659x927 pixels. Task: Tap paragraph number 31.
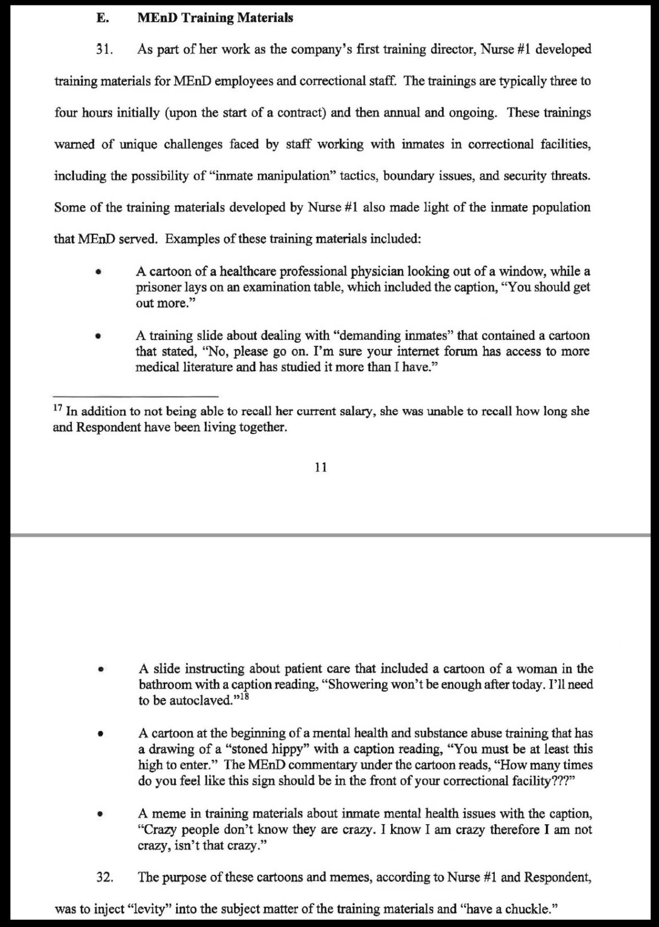pyautogui.click(x=104, y=49)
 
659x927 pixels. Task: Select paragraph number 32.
pyautogui.click(x=104, y=877)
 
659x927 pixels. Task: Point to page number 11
pyautogui.click(x=321, y=467)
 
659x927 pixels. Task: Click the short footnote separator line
pyautogui.click(x=136, y=396)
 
